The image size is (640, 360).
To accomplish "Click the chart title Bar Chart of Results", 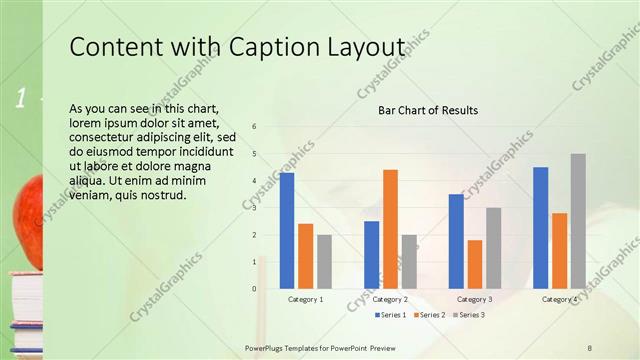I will click(x=427, y=110).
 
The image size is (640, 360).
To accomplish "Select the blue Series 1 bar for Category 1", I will click(x=287, y=230).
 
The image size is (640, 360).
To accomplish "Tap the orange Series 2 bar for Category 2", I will click(x=390, y=229).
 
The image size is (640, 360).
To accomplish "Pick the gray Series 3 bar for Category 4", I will click(x=578, y=221).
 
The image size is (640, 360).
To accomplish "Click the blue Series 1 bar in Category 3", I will click(x=456, y=241).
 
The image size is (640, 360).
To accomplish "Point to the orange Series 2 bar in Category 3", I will click(x=474, y=264).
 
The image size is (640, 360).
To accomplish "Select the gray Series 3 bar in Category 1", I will click(x=324, y=261).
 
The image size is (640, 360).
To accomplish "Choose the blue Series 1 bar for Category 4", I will click(x=541, y=227).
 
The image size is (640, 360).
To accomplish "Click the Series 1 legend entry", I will click(x=391, y=315).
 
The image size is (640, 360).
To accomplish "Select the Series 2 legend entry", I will click(x=429, y=315).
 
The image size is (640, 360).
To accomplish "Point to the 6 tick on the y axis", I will click(x=255, y=127).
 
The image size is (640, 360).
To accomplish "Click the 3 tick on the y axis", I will click(x=255, y=208).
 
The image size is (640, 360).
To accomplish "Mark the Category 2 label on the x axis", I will click(x=390, y=299).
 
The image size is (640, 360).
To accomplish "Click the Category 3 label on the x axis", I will click(x=475, y=299).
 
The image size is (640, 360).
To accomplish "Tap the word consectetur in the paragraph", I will click(x=107, y=137).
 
